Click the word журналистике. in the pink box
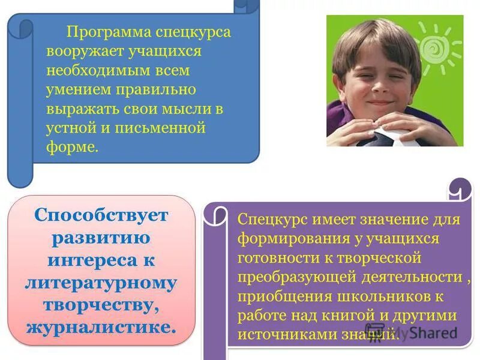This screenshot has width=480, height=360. pos(101,327)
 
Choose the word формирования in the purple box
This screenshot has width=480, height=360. pos(283,238)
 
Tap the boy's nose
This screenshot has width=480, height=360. pos(378,91)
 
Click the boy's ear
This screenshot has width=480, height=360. pos(337,85)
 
